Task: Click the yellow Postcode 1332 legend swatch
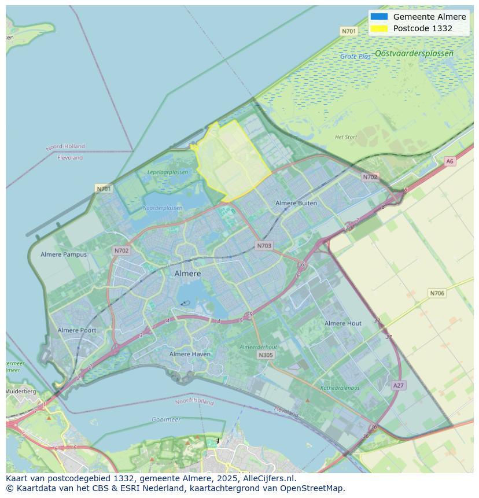[x=379, y=28]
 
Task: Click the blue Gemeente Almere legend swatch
[x=379, y=17]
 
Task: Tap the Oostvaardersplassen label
[x=414, y=53]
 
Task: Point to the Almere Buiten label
[x=296, y=203]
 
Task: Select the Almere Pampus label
[x=64, y=254]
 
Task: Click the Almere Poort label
[x=77, y=330]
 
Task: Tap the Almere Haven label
[x=190, y=354]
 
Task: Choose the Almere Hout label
[x=343, y=323]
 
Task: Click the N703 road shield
[x=264, y=246]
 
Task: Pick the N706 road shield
[x=437, y=293]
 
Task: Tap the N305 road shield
[x=266, y=355]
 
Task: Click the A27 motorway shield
[x=398, y=385]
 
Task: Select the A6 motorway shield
[x=450, y=161]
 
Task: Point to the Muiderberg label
[x=21, y=392]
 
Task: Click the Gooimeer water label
[x=166, y=419]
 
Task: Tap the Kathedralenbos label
[x=340, y=388]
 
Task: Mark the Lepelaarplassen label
[x=167, y=172]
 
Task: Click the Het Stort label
[x=346, y=137]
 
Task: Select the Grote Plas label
[x=355, y=57]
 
